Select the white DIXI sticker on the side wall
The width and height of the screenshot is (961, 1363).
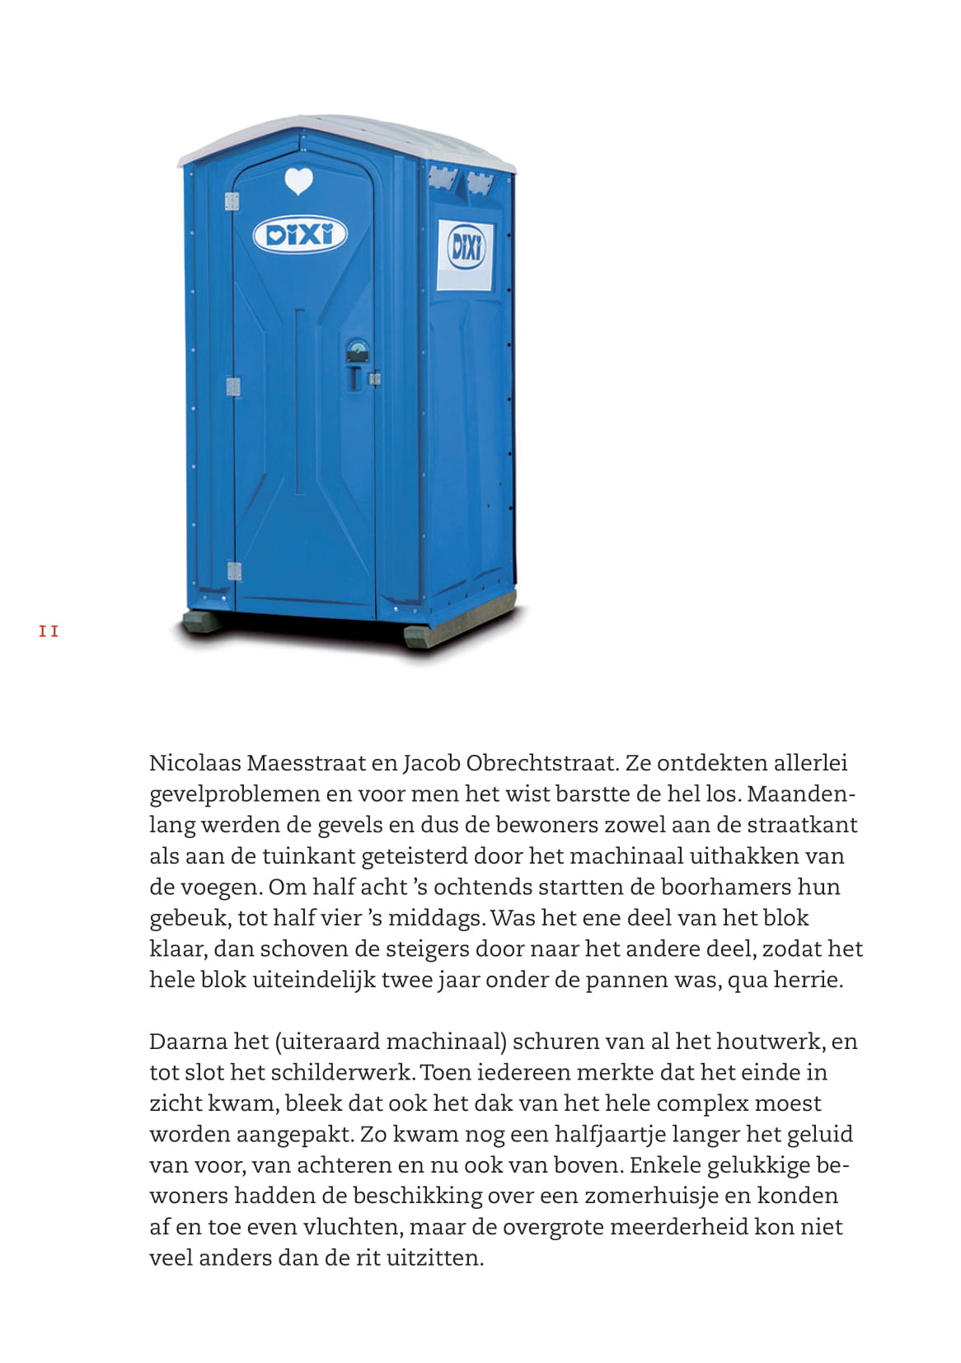pyautogui.click(x=466, y=254)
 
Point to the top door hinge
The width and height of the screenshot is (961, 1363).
pyautogui.click(x=232, y=202)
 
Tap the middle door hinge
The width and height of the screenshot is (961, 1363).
pyautogui.click(x=233, y=386)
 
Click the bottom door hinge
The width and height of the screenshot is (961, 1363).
pyautogui.click(x=234, y=571)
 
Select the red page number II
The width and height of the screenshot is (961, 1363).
pyautogui.click(x=49, y=632)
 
